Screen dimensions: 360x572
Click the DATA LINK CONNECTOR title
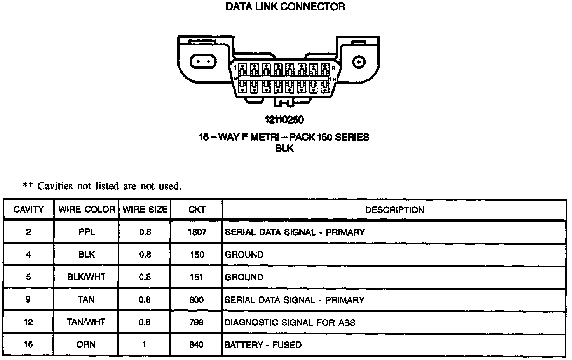pyautogui.click(x=285, y=7)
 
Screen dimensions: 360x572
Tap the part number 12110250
pyautogui.click(x=284, y=120)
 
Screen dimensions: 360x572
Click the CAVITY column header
pyautogui.click(x=29, y=210)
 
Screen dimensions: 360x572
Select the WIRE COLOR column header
pyautogui.click(x=87, y=210)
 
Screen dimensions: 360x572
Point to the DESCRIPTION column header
pyautogui.click(x=394, y=210)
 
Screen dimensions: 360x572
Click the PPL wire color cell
pyautogui.click(x=87, y=232)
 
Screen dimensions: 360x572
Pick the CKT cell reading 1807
pyautogui.click(x=197, y=232)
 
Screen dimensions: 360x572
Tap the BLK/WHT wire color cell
pyautogui.click(x=87, y=277)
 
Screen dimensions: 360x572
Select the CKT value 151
pyautogui.click(x=197, y=277)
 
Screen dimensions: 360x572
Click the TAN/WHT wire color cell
pyautogui.click(x=87, y=322)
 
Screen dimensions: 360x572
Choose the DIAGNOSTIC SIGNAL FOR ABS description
pyautogui.click(x=290, y=322)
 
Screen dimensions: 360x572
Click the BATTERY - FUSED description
pyautogui.click(x=263, y=345)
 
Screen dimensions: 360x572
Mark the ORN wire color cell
pyautogui.click(x=87, y=344)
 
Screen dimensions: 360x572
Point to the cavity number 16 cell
pyautogui.click(x=28, y=344)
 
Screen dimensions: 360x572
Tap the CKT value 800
pyautogui.click(x=196, y=300)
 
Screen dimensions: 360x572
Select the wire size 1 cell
pyautogui.click(x=145, y=344)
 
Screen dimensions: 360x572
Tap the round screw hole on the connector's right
pyautogui.click(x=359, y=61)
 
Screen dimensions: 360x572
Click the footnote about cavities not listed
pyautogui.click(x=102, y=186)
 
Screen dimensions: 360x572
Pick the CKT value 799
pyautogui.click(x=196, y=322)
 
